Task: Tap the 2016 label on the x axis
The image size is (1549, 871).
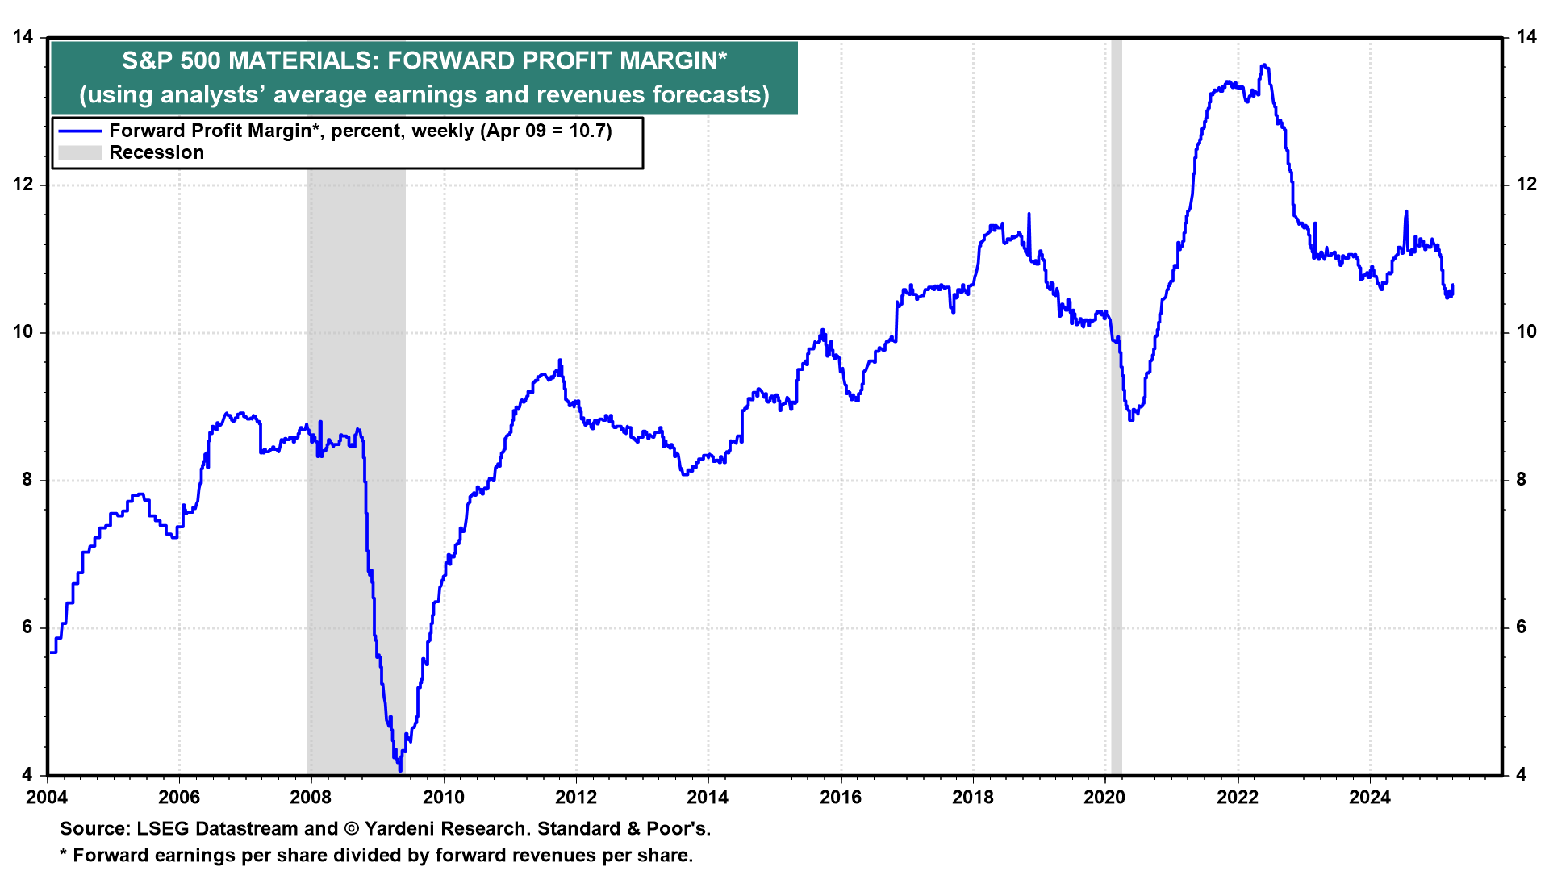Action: pos(841,798)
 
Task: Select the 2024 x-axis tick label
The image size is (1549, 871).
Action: pos(1370,798)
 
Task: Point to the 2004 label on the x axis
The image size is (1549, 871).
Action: pos(47,798)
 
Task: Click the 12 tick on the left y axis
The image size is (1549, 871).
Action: pos(23,185)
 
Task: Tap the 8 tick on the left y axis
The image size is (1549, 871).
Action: pos(27,480)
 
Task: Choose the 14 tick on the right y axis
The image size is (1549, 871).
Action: pos(1526,36)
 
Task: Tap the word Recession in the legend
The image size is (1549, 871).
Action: pos(157,153)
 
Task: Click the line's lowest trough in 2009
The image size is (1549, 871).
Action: pos(400,769)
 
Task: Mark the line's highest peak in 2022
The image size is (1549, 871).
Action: pos(1263,65)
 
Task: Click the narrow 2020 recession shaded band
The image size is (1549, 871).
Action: pos(1117,484)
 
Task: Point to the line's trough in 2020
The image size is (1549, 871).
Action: pos(1131,419)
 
